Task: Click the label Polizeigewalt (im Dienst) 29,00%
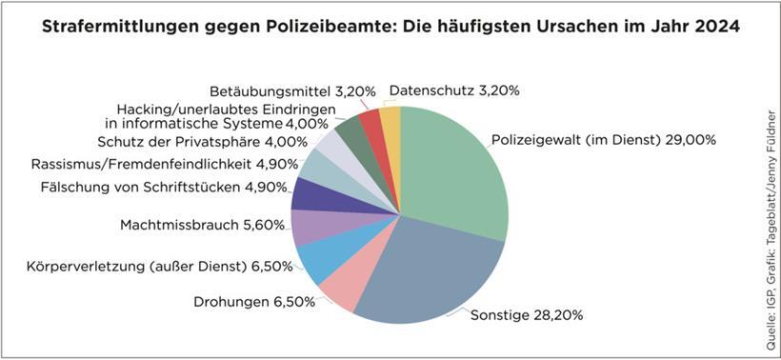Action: coord(604,140)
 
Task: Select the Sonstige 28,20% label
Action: coord(527,313)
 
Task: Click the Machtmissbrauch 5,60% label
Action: coord(201,226)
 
